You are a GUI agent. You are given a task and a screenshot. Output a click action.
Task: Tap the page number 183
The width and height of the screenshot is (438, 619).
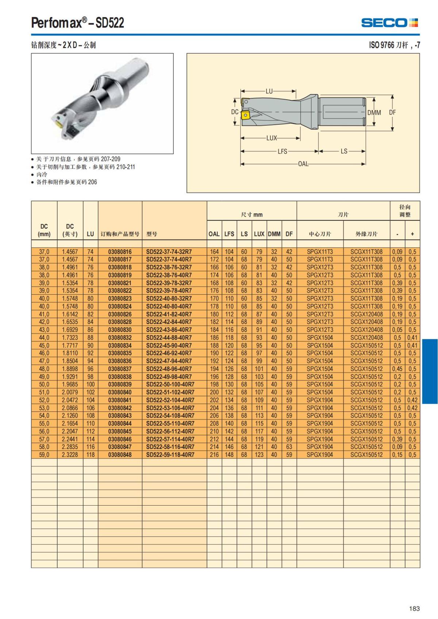pyautogui.click(x=414, y=608)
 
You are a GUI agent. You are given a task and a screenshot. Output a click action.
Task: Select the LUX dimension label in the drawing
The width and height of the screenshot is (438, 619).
pyautogui.click(x=272, y=138)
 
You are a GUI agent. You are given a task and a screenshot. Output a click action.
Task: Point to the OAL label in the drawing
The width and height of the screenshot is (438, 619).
pyautogui.click(x=303, y=164)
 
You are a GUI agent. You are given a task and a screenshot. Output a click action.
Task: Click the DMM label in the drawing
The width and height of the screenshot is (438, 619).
pyautogui.click(x=374, y=113)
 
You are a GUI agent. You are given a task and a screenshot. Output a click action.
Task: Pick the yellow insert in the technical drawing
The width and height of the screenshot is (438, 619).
pyautogui.click(x=245, y=115)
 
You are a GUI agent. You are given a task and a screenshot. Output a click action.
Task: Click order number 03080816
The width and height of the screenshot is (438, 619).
pyautogui.click(x=120, y=252)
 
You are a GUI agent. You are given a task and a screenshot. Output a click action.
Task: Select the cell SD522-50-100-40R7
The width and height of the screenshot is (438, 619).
pyautogui.click(x=170, y=384)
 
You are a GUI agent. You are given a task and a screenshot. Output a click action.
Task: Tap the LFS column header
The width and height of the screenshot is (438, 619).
pyautogui.click(x=229, y=234)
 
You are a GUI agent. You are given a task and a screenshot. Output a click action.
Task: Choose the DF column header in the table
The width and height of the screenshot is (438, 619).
pyautogui.click(x=289, y=234)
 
